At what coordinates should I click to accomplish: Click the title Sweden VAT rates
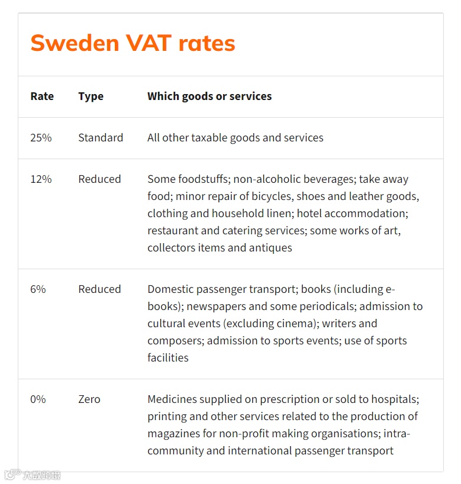[133, 43]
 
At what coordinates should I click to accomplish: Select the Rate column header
[42, 96]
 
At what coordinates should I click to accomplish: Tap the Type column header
[91, 96]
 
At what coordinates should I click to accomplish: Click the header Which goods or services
[209, 96]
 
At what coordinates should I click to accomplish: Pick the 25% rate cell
[41, 138]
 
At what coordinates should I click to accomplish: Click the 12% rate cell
[41, 179]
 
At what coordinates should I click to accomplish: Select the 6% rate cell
[38, 289]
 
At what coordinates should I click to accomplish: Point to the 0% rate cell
[38, 399]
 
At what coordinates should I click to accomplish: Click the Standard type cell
[101, 138]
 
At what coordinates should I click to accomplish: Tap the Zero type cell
[89, 399]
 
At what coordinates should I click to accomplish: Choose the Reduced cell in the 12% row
[99, 179]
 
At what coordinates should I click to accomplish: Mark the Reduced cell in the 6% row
[99, 289]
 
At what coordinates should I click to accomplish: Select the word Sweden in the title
[74, 43]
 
